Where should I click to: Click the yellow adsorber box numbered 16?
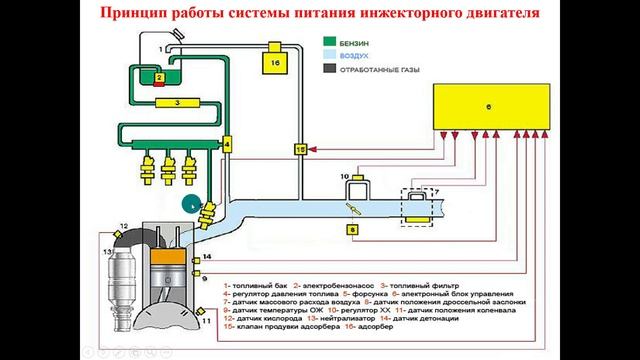click(278, 65)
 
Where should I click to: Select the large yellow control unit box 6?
click(490, 106)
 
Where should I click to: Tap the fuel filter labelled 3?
click(175, 102)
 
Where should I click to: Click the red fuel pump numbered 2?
click(159, 77)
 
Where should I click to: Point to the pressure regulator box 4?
click(227, 144)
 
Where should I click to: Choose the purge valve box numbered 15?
click(298, 149)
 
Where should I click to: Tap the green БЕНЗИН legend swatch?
click(327, 45)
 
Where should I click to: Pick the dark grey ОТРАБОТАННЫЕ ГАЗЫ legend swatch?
click(327, 70)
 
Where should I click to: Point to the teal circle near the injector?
click(189, 202)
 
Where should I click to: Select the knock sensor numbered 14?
click(195, 259)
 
